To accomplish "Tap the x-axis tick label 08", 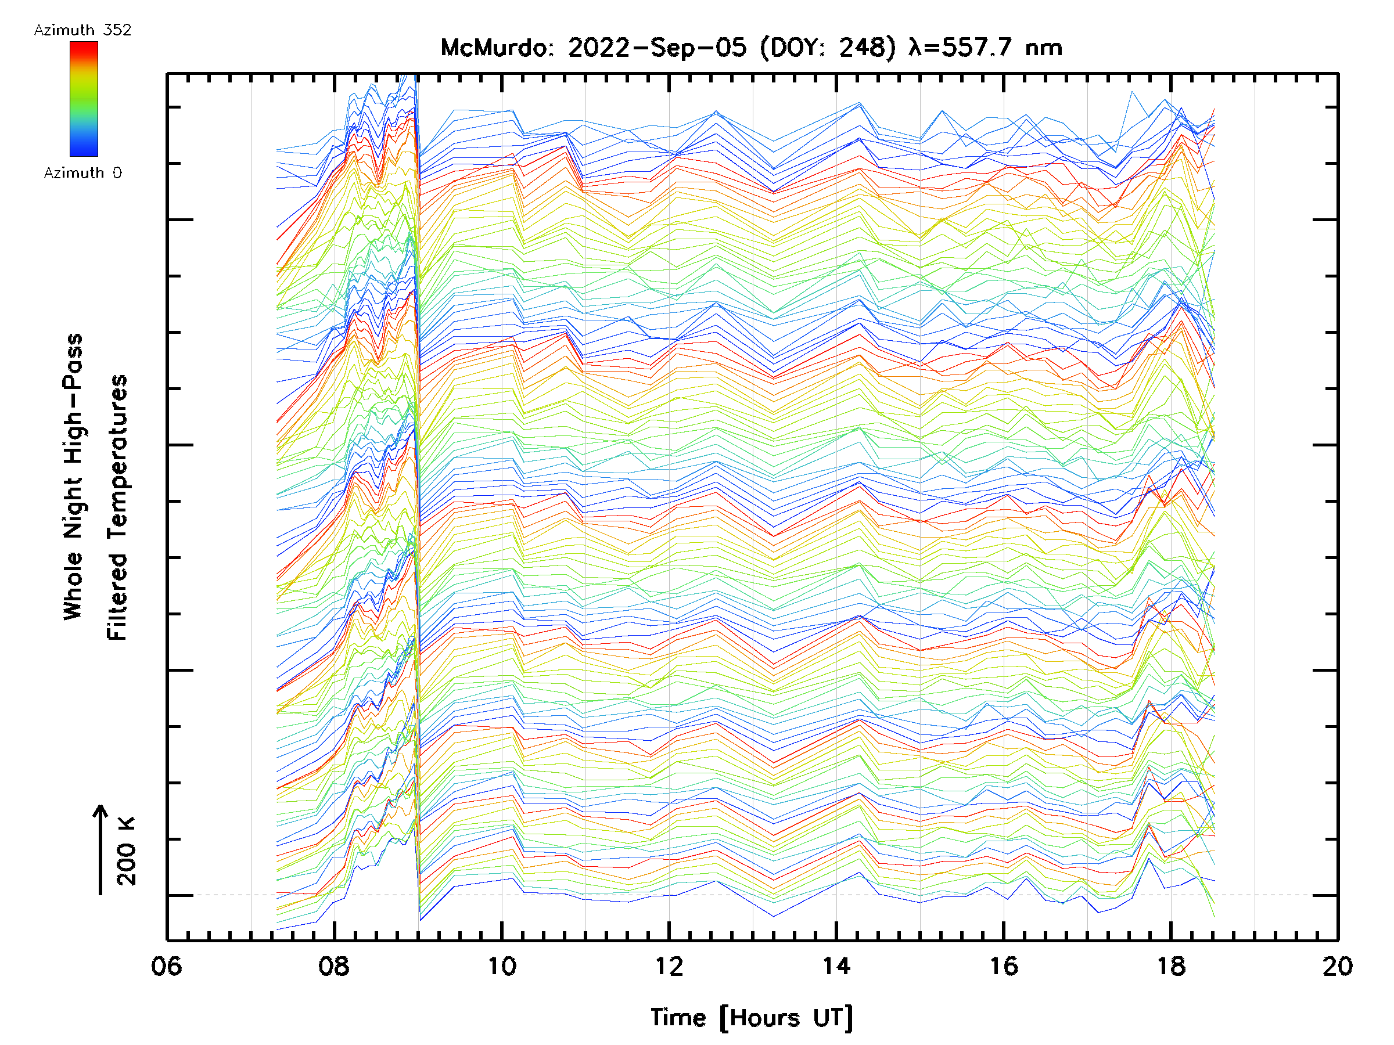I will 333,965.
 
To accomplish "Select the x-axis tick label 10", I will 502,965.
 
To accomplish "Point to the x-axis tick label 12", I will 669,965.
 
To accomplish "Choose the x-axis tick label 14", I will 836,965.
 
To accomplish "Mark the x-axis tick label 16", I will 1003,965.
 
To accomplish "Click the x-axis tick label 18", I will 1171,965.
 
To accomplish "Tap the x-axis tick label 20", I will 1337,965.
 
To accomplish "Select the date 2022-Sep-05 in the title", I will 658,48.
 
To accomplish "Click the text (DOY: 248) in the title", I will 828,48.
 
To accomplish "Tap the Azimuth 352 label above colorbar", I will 82,30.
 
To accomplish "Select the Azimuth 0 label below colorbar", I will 82,172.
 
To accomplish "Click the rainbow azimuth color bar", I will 84,99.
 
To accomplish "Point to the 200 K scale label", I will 127,851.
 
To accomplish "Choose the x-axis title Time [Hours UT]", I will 751,1018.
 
